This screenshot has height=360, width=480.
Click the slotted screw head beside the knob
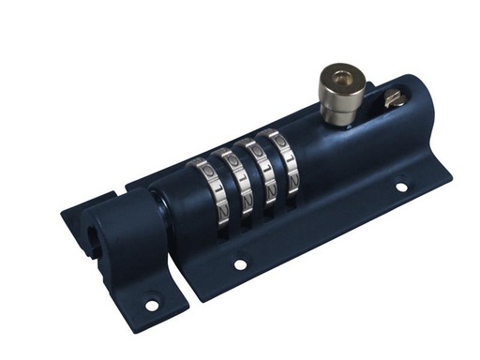394,96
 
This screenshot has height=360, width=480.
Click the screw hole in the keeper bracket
152,305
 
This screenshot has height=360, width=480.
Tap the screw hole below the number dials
240,264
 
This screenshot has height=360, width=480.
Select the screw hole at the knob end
401,187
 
